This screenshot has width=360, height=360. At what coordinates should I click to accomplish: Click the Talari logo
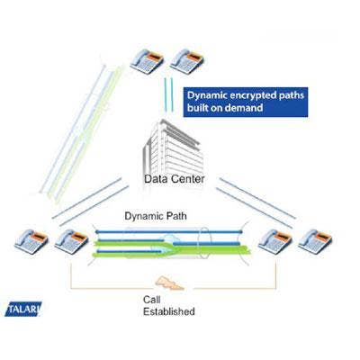point(23,309)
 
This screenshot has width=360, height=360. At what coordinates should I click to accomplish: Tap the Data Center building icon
point(173,147)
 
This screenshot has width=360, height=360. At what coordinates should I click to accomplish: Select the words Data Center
point(175,179)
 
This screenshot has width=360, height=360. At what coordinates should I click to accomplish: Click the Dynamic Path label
point(156,216)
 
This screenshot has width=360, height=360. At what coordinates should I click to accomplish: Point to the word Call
point(152,300)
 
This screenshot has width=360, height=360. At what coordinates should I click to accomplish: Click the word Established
point(169,311)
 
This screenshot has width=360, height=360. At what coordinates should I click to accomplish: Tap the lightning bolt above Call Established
point(168,283)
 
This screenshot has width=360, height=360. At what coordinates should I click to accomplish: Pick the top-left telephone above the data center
point(147,61)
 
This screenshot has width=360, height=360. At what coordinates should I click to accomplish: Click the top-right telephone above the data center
point(187,61)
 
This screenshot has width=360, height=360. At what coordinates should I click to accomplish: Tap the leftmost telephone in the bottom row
point(31,242)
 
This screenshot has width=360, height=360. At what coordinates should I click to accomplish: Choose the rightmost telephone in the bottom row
point(315,242)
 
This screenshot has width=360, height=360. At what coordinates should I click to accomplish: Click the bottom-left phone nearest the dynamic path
point(71,242)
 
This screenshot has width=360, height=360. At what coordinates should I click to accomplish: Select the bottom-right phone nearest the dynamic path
point(275,242)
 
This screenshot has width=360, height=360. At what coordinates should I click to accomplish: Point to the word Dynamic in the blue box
point(207,95)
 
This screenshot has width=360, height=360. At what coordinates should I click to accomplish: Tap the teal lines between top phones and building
point(169,94)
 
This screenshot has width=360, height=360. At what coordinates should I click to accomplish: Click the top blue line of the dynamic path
point(168,231)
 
